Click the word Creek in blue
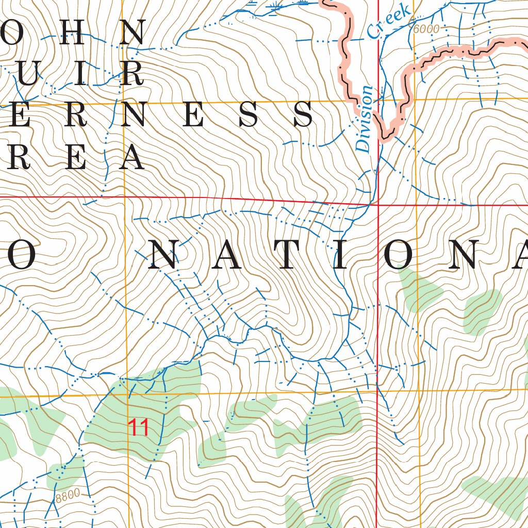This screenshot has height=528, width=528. pos(389,21)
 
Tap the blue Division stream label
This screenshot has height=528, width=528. pos(364,119)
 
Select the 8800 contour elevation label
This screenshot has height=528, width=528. pos(68,496)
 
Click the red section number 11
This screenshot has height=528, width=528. pos(138,427)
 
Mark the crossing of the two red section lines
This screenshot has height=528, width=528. pos(378,204)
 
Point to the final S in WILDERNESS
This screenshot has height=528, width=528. pos(303,114)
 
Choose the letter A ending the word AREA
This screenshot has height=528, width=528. pos(131,157)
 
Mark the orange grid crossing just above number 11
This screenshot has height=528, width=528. pos(126,396)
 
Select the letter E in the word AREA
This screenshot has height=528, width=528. pos(75,157)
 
